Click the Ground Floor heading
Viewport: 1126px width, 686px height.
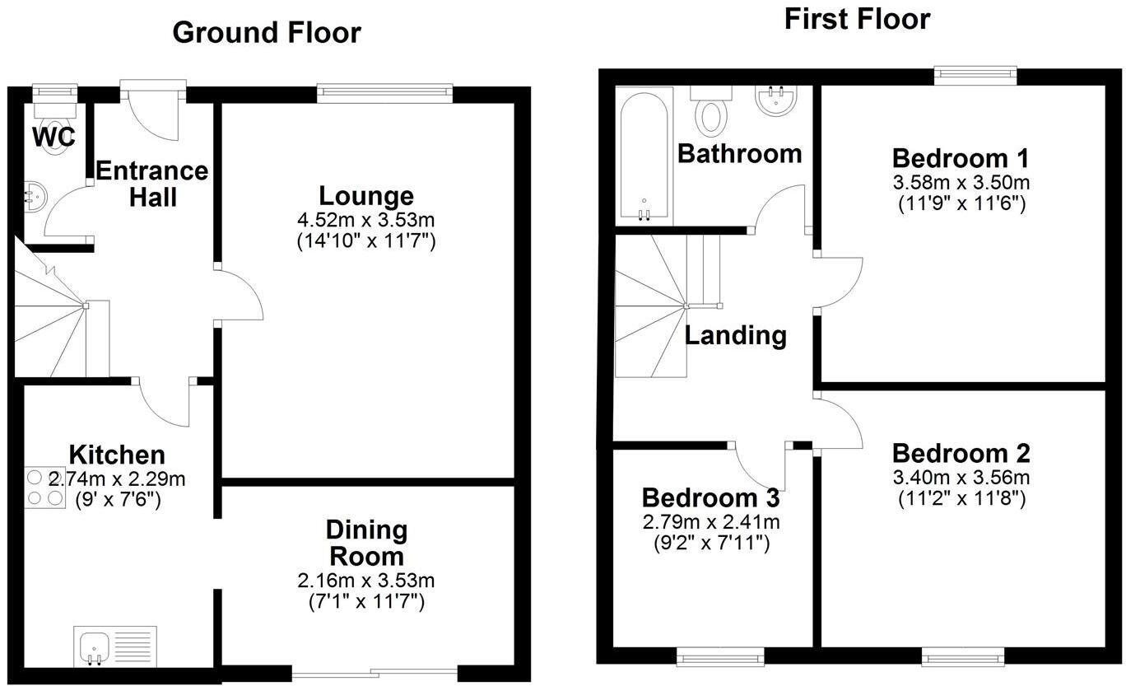(x=267, y=33)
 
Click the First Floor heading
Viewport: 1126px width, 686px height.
(x=857, y=20)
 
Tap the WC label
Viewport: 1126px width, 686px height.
(x=54, y=137)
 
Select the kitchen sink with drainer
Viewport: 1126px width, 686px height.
(x=115, y=646)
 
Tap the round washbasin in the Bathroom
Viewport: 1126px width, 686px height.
(x=776, y=100)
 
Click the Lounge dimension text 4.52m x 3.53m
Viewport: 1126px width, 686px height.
(x=366, y=220)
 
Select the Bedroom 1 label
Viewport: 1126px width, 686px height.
(x=961, y=158)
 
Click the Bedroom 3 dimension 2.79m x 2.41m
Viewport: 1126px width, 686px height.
(x=711, y=522)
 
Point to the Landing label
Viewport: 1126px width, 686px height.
(x=735, y=335)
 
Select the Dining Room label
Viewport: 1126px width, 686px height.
(x=366, y=544)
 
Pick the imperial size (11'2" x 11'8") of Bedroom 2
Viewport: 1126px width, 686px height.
(x=961, y=498)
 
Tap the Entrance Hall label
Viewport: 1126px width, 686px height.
(x=152, y=184)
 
